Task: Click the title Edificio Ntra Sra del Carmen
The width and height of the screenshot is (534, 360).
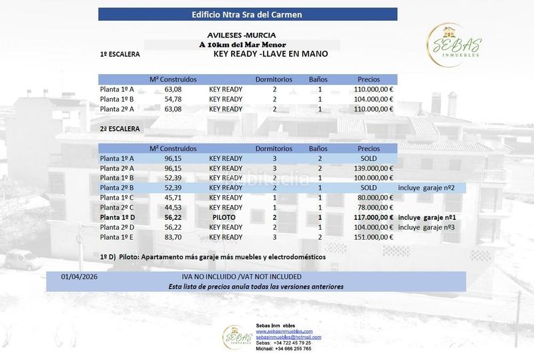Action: (247, 14)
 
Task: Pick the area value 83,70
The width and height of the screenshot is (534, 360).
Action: (173, 237)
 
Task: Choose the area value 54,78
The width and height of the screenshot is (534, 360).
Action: (173, 99)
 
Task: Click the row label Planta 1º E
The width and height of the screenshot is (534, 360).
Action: (117, 237)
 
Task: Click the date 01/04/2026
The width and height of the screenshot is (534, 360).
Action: (79, 276)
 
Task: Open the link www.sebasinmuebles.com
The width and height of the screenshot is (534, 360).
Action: (284, 331)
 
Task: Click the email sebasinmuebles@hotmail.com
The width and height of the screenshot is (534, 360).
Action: (288, 337)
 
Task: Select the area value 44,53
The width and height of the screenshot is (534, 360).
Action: (173, 208)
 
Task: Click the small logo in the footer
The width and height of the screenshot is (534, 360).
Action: (237, 337)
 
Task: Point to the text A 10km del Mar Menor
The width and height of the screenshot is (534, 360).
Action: (242, 45)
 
